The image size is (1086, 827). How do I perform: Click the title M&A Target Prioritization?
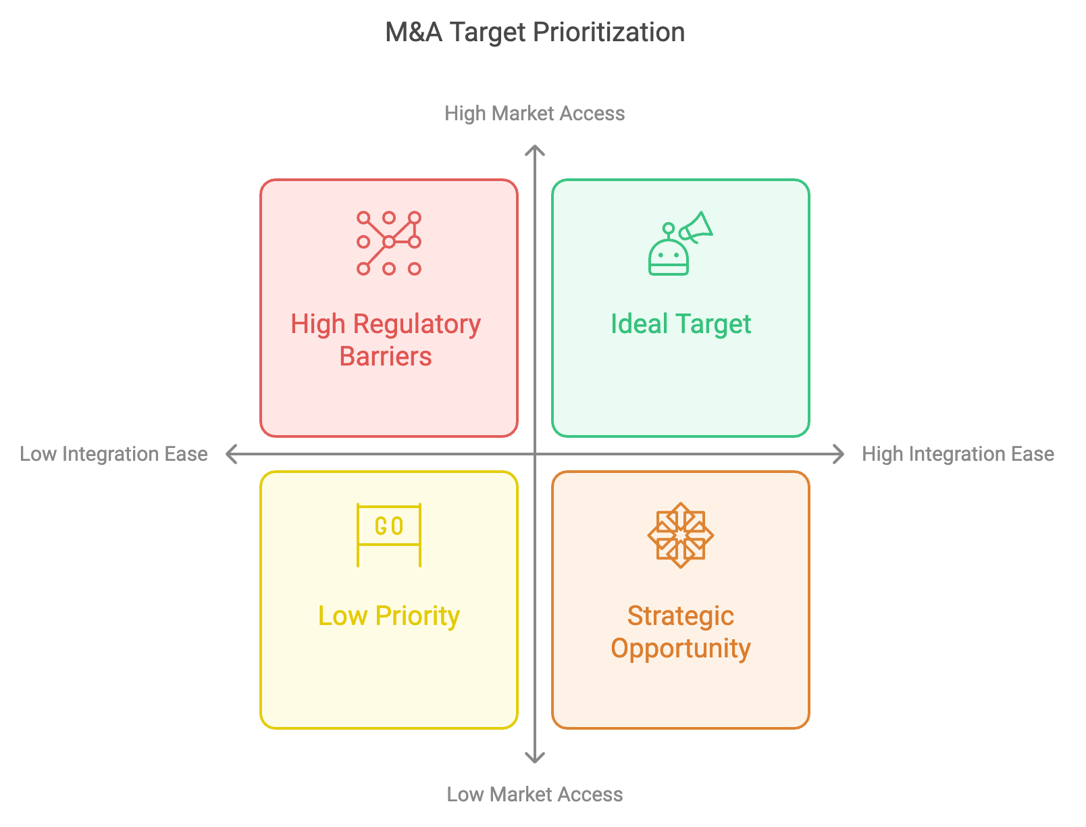pyautogui.click(x=535, y=32)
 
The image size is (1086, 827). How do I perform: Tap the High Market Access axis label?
pyautogui.click(x=534, y=114)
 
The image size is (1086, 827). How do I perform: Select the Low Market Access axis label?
pyautogui.click(x=534, y=795)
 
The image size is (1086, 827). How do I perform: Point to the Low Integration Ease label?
pyautogui.click(x=113, y=454)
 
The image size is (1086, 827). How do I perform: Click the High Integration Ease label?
pyautogui.click(x=958, y=454)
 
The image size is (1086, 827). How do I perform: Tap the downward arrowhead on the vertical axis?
pyautogui.click(x=535, y=757)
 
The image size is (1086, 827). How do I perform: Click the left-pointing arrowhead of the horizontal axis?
pyautogui.click(x=230, y=454)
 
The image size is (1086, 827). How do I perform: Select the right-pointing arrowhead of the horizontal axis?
pyautogui.click(x=839, y=454)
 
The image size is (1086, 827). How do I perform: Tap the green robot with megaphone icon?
pyautogui.click(x=680, y=243)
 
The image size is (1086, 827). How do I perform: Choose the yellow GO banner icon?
pyautogui.click(x=389, y=535)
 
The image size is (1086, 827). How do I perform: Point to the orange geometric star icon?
pyautogui.click(x=680, y=535)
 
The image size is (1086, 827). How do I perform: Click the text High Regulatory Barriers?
pyautogui.click(x=386, y=340)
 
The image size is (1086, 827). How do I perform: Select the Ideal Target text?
pyautogui.click(x=681, y=325)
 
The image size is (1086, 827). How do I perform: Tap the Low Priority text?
pyautogui.click(x=389, y=617)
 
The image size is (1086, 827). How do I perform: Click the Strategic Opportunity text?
pyautogui.click(x=681, y=632)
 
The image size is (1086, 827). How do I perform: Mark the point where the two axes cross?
pyautogui.click(x=535, y=454)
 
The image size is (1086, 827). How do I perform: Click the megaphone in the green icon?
pyautogui.click(x=696, y=228)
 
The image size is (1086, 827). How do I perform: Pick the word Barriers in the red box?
pyautogui.click(x=386, y=356)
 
